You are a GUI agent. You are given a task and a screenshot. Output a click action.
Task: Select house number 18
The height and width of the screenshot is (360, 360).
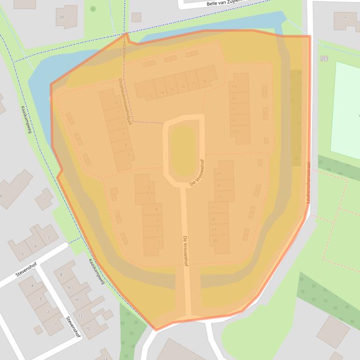pyautogui.click(x=204, y=81)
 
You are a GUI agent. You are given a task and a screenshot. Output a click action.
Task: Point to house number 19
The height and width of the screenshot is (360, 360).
pyautogui.click(x=234, y=87)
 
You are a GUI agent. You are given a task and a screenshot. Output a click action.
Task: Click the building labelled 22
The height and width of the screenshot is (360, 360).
pyautogui.click(x=234, y=120)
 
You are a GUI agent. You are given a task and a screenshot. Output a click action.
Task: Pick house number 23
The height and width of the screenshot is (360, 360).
pyautogui.click(x=235, y=131)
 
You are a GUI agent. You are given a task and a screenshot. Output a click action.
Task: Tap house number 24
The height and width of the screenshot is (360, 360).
pyautogui.click(x=219, y=173)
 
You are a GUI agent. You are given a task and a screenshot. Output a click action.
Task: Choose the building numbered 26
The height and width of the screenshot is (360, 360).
pyautogui.click(x=219, y=196)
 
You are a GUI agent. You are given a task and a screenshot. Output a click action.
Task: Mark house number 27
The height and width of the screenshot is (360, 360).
pyautogui.click(x=213, y=208)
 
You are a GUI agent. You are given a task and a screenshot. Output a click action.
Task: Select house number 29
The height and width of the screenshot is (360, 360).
pyautogui.click(x=214, y=230)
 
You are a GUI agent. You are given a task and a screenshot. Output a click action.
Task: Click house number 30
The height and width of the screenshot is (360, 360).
pyautogui.click(x=214, y=241)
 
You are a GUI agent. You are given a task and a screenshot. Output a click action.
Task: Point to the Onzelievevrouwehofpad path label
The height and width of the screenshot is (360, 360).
pyautogui.click(x=125, y=101)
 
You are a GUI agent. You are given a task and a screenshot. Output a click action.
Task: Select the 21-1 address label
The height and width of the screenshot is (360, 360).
pyautogui.click(x=324, y=58)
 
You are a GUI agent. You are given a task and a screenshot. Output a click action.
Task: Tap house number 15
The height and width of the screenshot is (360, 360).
pyautogui.click(x=172, y=90)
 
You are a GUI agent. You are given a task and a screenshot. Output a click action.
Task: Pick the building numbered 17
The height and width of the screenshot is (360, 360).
pyautogui.click(x=193, y=84)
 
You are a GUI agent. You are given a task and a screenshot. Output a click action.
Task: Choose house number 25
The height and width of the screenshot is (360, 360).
pyautogui.click(x=219, y=186)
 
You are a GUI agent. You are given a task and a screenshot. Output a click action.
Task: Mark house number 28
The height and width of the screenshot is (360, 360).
pyautogui.click(x=213, y=219)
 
